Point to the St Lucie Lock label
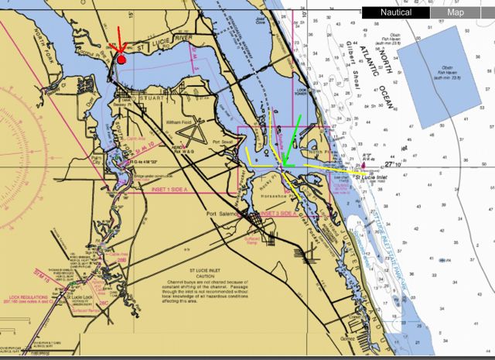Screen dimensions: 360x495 coord(78,297)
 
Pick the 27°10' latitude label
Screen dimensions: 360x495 coord(392,164)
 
